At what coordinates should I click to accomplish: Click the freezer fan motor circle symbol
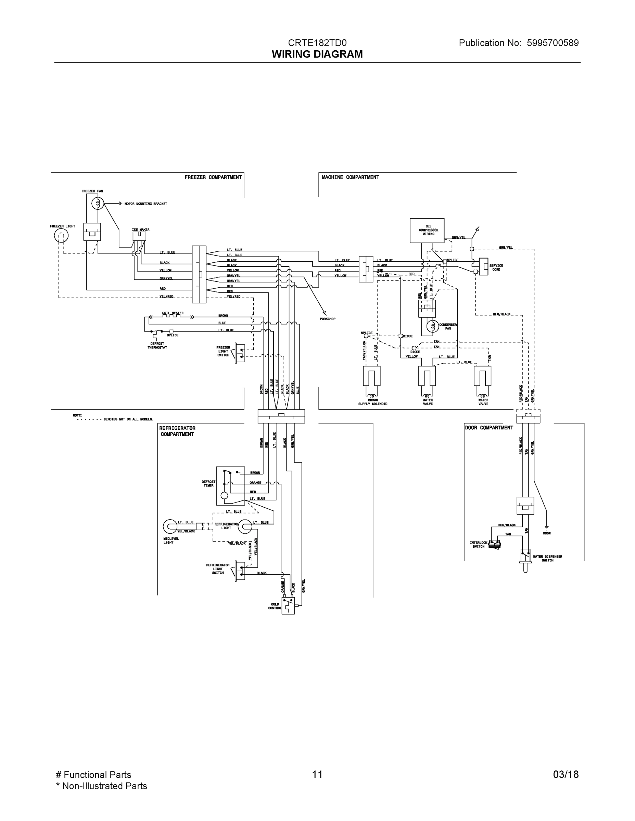(98, 204)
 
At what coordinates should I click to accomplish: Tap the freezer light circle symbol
(61, 236)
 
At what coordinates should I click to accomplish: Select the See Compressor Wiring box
(427, 230)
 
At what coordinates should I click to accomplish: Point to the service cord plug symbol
(483, 266)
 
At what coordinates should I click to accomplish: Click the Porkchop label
(327, 319)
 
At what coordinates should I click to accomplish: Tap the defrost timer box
(230, 486)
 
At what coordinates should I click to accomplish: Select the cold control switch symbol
(288, 605)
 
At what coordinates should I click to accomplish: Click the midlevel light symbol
(170, 526)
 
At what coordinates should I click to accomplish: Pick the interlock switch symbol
(495, 544)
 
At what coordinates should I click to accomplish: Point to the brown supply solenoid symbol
(372, 377)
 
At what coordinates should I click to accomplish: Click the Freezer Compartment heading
(213, 177)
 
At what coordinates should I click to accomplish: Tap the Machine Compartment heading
(350, 177)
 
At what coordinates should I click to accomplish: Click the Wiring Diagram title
(317, 54)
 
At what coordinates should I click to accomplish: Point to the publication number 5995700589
(553, 43)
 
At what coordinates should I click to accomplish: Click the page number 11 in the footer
(317, 774)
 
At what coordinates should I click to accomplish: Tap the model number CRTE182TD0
(317, 43)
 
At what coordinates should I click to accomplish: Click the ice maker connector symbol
(139, 236)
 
